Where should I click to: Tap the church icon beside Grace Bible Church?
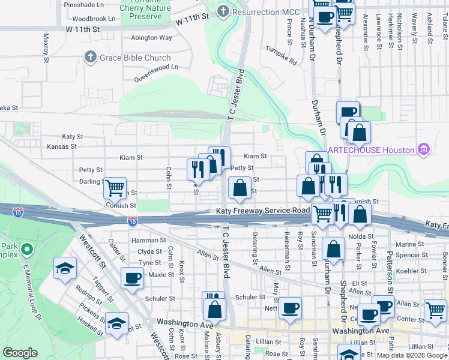tap(91, 58)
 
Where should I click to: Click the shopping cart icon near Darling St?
tap(115, 188)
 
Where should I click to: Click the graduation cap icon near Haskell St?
tap(116, 322)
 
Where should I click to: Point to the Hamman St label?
tap(148, 240)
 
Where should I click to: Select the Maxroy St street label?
tap(46, 47)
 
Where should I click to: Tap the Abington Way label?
tap(151, 37)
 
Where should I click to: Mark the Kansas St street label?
tap(62, 146)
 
